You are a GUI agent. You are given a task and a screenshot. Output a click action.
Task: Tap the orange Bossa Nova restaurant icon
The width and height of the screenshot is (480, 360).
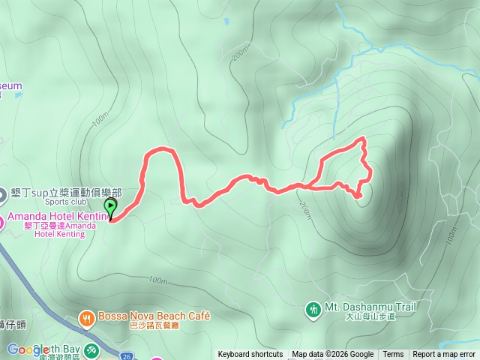pos(88,317)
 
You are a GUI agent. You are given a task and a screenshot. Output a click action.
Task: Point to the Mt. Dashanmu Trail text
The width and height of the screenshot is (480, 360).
pos(370,307)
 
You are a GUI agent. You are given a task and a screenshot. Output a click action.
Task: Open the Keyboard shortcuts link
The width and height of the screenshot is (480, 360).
pos(250,355)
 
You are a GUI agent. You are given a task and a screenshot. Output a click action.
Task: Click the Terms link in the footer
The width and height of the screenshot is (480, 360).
pos(393,355)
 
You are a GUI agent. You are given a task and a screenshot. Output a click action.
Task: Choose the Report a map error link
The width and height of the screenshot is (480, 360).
pos(444,355)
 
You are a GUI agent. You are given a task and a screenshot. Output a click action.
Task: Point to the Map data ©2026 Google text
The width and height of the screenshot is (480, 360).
pos(333,355)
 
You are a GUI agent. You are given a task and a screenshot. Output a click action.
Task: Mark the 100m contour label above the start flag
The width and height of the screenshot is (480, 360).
pos(100,121)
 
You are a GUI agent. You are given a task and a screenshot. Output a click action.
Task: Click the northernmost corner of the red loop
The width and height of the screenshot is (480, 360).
pos(364,139)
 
